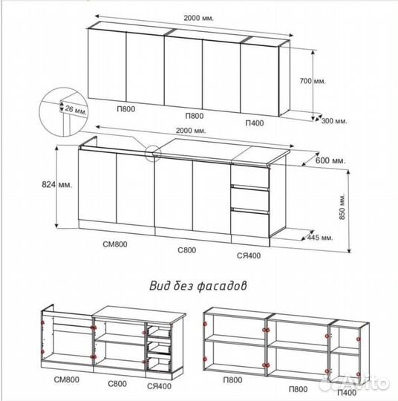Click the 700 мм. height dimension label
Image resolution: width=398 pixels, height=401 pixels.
(313, 81)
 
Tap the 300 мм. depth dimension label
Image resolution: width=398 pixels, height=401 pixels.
(334, 121)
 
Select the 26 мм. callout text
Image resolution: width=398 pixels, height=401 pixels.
(75, 110)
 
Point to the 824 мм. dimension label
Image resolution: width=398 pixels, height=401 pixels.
(57, 184)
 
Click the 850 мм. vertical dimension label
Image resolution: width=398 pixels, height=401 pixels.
(342, 206)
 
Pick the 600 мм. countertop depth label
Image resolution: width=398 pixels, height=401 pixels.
(330, 160)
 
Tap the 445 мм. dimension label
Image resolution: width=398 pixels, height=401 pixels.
(320, 238)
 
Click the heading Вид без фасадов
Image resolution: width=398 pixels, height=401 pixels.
(198, 286)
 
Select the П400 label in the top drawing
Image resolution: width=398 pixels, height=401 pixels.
(255, 123)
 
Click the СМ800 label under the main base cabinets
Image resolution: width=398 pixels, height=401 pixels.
(115, 244)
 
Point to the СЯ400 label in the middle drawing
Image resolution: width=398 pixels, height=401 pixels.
(249, 255)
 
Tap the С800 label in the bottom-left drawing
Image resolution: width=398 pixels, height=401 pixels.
(117, 384)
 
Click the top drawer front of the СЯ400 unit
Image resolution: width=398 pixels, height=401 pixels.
(250, 176)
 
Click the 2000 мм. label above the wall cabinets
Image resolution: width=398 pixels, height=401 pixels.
(198, 18)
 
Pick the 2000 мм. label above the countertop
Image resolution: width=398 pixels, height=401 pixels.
(191, 131)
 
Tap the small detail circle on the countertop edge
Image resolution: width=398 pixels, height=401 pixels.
(153, 153)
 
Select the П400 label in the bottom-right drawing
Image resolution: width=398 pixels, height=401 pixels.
(347, 392)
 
